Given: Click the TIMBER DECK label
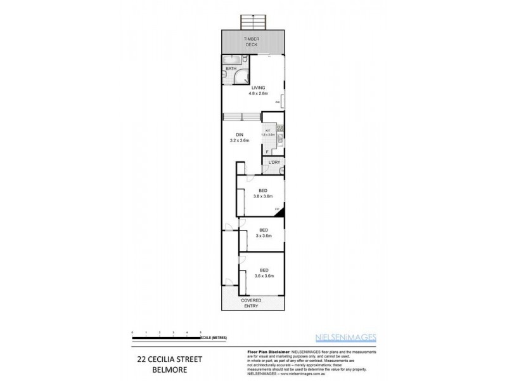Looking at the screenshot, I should [253, 42].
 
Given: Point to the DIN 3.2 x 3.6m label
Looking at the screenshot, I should [240, 137].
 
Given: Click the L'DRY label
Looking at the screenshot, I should [274, 163].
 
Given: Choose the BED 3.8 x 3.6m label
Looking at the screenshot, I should [262, 194].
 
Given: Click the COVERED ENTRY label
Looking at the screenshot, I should [253, 303].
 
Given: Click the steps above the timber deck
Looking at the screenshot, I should [253, 21].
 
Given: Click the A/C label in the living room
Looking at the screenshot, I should [278, 102].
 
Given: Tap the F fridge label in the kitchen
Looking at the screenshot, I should [267, 152].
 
